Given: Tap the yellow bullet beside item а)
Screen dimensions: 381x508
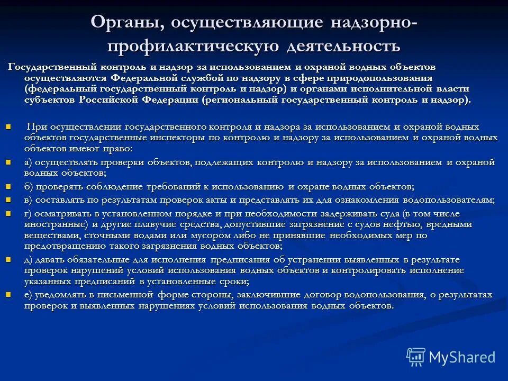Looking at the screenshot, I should tap(8, 162).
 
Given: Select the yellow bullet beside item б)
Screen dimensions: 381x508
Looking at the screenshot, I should tap(8, 187).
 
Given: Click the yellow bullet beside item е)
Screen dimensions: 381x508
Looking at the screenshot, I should tap(8, 294).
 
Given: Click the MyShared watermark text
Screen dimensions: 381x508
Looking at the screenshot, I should tap(462, 357).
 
